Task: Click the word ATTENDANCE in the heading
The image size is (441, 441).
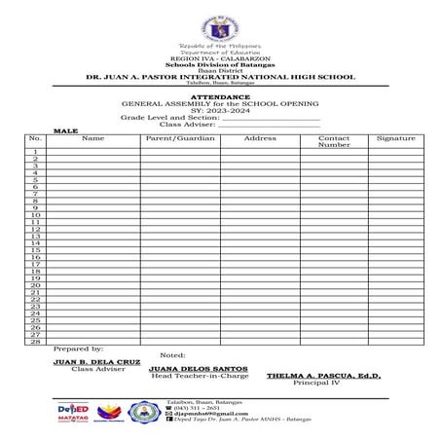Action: pyautogui.click(x=220, y=97)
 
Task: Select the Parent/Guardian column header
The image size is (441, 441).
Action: pyautogui.click(x=179, y=138)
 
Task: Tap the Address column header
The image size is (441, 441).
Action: pyautogui.click(x=260, y=138)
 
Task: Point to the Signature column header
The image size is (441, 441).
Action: pyautogui.click(x=395, y=138)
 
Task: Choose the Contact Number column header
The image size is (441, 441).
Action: pyautogui.click(x=334, y=141)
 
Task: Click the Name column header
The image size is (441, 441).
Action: pyautogui.click(x=92, y=138)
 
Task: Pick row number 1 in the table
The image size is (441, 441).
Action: pyautogui.click(x=35, y=152)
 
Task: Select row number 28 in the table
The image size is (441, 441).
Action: pyautogui.click(x=35, y=342)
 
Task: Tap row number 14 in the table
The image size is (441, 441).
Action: pyautogui.click(x=35, y=243)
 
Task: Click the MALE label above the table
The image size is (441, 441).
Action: pyautogui.click(x=65, y=129)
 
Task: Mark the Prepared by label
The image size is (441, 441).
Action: pyautogui.click(x=78, y=349)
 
